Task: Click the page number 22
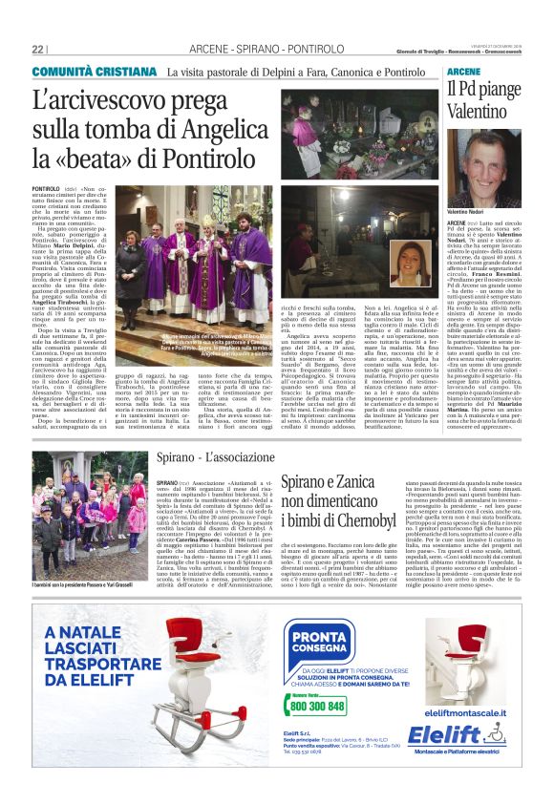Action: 38,50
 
